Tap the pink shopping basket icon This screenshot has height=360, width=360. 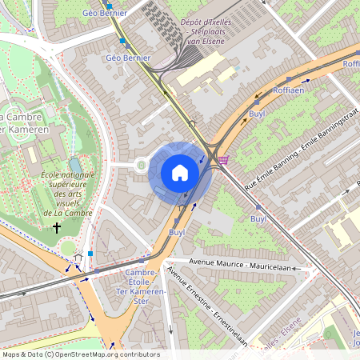(223, 160)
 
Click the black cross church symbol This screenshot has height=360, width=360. (56, 228)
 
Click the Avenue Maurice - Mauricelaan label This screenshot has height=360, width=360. (239, 264)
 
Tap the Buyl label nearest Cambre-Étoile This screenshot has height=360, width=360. (177, 232)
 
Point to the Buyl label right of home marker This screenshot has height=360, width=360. (258, 218)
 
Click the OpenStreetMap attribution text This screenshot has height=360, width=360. (80, 354)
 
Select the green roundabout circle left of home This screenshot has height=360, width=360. (142, 166)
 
